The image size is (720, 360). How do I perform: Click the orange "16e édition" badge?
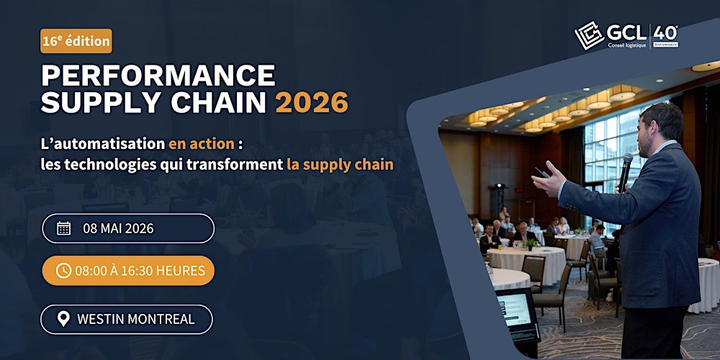[76, 41]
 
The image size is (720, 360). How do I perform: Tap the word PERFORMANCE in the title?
[158, 76]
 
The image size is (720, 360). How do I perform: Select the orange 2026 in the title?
[311, 103]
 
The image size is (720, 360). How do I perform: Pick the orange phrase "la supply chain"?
[340, 164]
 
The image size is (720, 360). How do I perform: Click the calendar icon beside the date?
[63, 228]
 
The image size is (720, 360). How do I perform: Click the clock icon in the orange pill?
[63, 271]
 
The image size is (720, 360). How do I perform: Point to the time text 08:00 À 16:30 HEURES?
[140, 271]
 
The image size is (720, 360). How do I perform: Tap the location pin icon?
[63, 319]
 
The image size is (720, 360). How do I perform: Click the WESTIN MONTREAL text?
[135, 319]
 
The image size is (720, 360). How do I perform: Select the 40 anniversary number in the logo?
[665, 33]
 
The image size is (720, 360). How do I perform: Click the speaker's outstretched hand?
[547, 180]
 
